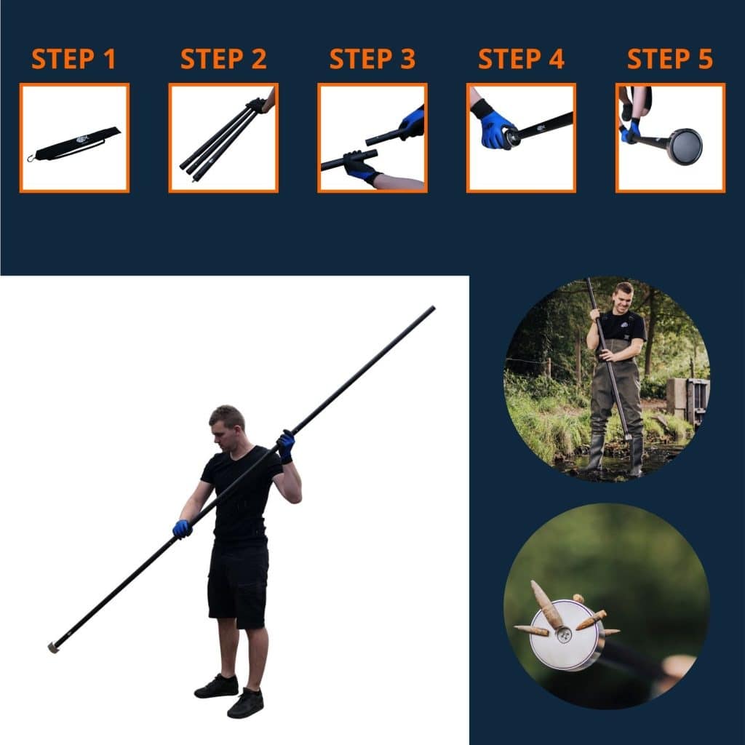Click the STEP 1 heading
click(x=73, y=59)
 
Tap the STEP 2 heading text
click(x=223, y=59)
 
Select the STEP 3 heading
click(x=372, y=59)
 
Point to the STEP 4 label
click(x=521, y=59)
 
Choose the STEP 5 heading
click(x=670, y=59)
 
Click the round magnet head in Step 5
click(x=685, y=146)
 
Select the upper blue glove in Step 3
click(x=412, y=122)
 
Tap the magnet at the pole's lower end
click(x=53, y=647)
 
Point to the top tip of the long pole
click(x=432, y=308)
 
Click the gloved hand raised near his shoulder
click(x=286, y=445)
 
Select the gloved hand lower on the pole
click(x=182, y=529)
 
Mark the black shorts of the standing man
click(x=237, y=585)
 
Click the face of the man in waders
click(x=623, y=298)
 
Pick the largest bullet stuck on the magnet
click(x=546, y=605)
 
